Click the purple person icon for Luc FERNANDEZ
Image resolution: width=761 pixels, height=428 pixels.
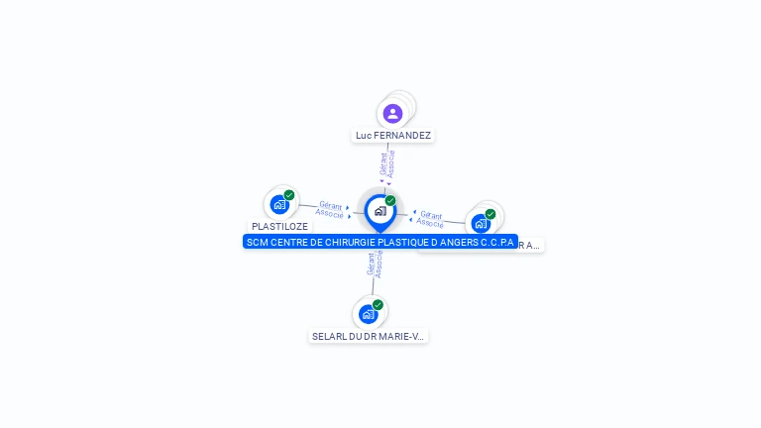pyautogui.click(x=392, y=113)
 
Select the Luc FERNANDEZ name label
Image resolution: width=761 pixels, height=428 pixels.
pyautogui.click(x=393, y=135)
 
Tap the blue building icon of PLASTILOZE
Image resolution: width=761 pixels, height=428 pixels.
pyautogui.click(x=279, y=205)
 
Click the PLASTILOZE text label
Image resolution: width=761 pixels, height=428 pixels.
pyautogui.click(x=279, y=226)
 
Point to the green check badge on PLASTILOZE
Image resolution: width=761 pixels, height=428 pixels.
pyautogui.click(x=289, y=195)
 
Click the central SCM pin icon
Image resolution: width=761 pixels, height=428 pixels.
pyautogui.click(x=380, y=211)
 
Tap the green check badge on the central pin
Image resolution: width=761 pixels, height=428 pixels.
pyautogui.click(x=390, y=200)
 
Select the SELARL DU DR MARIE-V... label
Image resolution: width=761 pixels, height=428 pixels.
pyautogui.click(x=369, y=336)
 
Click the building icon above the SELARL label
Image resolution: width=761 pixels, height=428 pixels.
pyautogui.click(x=369, y=315)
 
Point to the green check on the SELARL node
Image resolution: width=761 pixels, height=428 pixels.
pyautogui.click(x=378, y=305)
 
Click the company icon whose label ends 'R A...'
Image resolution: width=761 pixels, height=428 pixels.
pyautogui.click(x=481, y=223)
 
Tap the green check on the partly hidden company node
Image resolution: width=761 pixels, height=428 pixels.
pyautogui.click(x=490, y=213)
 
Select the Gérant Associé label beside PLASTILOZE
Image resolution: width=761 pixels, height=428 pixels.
pyautogui.click(x=331, y=208)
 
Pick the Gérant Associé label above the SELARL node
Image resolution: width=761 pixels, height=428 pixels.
pyautogui.click(x=374, y=264)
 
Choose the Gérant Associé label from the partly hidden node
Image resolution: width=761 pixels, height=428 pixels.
pyautogui.click(x=430, y=218)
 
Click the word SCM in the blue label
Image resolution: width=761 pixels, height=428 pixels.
pyautogui.click(x=257, y=242)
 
